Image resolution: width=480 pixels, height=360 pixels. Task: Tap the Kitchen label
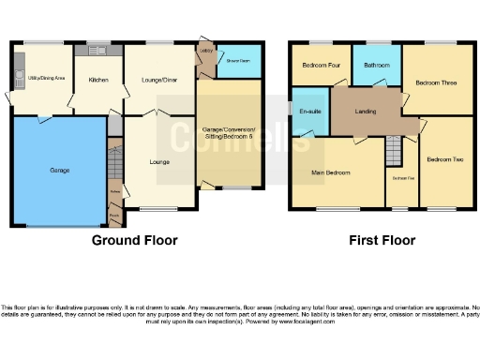[98, 80]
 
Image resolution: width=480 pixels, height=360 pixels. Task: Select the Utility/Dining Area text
[44, 79]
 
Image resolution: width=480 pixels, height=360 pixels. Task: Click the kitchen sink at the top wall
[97, 48]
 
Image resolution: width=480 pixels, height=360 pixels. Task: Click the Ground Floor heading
[134, 240]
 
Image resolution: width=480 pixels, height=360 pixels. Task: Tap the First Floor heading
[382, 240]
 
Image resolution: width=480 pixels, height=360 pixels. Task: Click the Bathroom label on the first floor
[377, 66]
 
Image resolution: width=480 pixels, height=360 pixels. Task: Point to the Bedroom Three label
[436, 82]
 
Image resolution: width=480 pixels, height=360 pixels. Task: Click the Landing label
[366, 112]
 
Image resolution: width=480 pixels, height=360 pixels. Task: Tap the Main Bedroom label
[331, 172]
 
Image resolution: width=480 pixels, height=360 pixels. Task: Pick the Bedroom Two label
[444, 160]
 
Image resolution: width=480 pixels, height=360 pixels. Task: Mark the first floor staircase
[395, 150]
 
